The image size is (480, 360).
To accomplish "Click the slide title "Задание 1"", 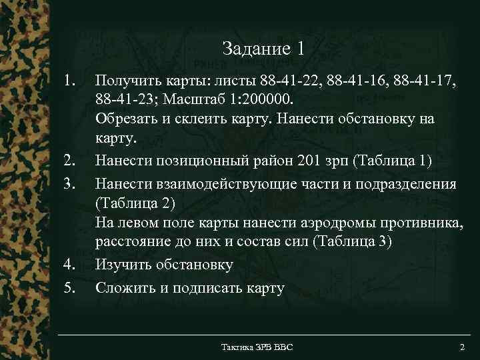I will pos(264,49).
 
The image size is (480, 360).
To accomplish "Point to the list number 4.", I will pos(71,265).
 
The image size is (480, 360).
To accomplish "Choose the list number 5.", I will pos(71,288).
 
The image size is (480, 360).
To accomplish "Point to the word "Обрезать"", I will pos(128,120).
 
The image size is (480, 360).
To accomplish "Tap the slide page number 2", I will pos(462,348).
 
